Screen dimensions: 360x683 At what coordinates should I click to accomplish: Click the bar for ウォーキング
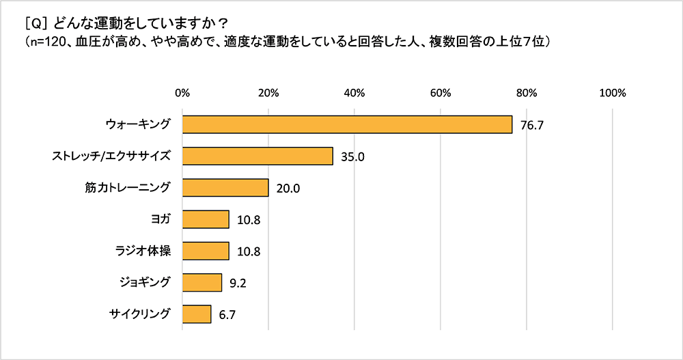[347, 124]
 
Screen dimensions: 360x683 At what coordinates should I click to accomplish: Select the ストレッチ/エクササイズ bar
[257, 156]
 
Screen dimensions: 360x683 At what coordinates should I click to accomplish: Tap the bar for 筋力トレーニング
[225, 188]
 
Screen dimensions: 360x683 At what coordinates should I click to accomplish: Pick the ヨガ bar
[206, 219]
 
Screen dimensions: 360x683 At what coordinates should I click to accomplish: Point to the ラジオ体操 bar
[206, 251]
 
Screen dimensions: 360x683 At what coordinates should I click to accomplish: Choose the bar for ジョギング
[202, 283]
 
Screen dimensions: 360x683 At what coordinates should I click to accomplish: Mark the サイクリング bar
[197, 314]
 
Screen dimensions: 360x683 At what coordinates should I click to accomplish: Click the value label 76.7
[531, 125]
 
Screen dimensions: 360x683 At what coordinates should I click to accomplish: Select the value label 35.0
[352, 156]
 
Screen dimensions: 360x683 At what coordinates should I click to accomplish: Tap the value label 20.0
[288, 189]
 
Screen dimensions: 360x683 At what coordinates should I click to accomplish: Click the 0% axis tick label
[182, 94]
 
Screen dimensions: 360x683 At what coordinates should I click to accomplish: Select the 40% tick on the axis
[354, 94]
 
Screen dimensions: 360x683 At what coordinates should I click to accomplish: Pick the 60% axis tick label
[441, 94]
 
